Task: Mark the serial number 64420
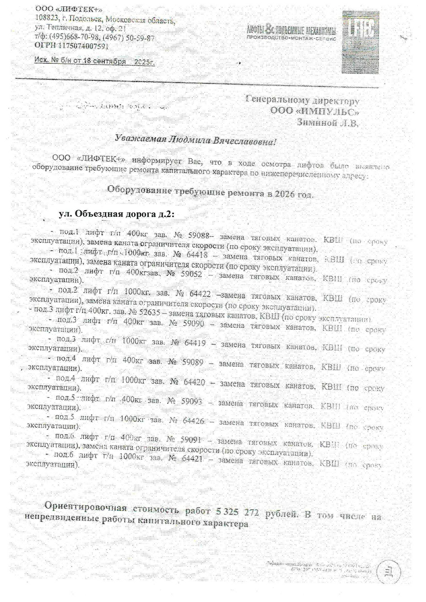click(194, 382)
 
